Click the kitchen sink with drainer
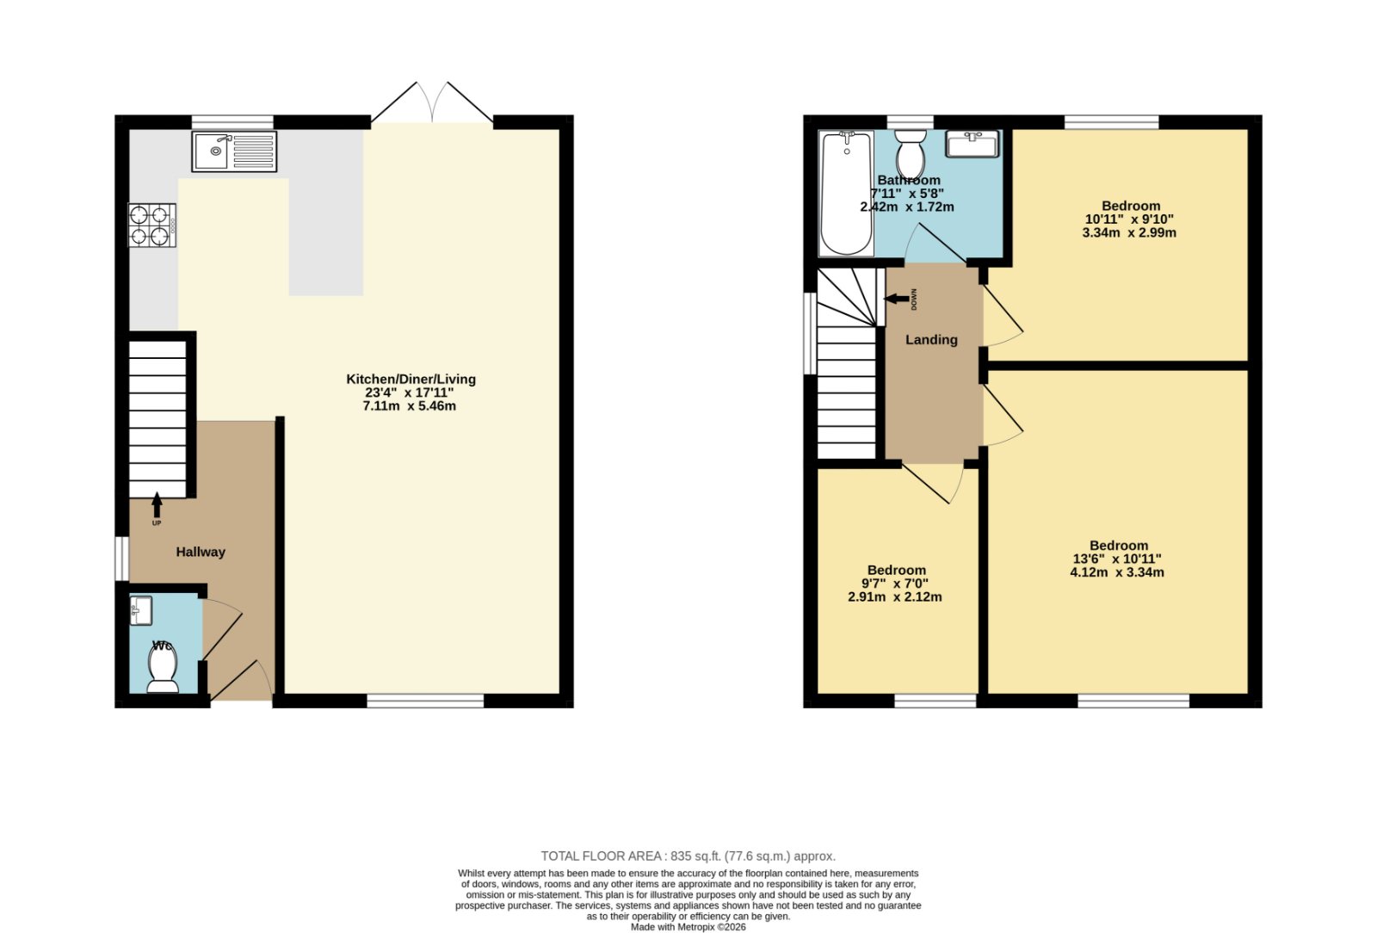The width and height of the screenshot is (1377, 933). (x=234, y=151)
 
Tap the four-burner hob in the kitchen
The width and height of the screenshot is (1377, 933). (x=151, y=225)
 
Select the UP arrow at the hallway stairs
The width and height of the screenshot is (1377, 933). (x=157, y=504)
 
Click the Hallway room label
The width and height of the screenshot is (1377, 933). (x=201, y=552)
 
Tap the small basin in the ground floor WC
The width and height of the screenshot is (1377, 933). (x=141, y=610)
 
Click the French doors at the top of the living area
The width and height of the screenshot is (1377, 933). (x=432, y=102)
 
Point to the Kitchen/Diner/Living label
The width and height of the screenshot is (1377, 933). (x=411, y=380)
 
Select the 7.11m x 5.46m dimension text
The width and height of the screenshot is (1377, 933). (x=410, y=406)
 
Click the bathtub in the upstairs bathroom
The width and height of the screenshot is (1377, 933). (x=847, y=193)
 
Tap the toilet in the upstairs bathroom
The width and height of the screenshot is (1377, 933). (x=911, y=154)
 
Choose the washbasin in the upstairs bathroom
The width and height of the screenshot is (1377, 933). (x=972, y=144)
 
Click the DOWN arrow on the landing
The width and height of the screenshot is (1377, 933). (x=897, y=299)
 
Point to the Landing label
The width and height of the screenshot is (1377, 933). (x=931, y=340)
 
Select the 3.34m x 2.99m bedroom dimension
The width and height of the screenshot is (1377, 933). (x=1129, y=233)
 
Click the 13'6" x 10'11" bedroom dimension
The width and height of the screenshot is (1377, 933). (x=1117, y=559)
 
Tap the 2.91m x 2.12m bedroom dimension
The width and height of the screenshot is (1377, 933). (x=894, y=596)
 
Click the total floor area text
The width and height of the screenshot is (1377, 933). (x=688, y=856)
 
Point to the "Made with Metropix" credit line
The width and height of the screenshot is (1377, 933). (x=688, y=927)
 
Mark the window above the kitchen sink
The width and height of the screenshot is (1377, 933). (x=232, y=122)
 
